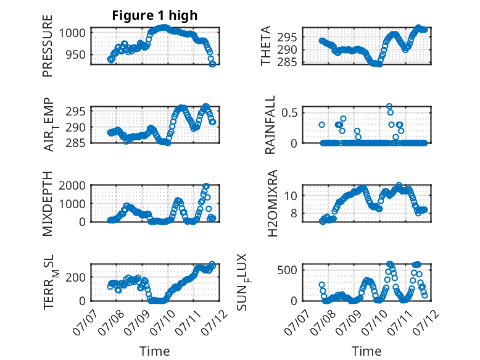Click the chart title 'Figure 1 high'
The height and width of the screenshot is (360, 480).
tap(155, 15)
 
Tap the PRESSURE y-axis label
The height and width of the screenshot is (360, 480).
tap(48, 46)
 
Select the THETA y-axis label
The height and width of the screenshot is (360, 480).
tap(266, 46)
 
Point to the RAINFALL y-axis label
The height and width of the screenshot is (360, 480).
tap(270, 125)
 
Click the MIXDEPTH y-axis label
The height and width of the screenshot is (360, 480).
tap(48, 204)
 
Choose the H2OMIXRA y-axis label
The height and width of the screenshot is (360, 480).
tap(272, 203)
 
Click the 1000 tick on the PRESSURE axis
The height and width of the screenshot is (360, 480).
tap(72, 33)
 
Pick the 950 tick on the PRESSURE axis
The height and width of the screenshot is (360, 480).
tap(75, 55)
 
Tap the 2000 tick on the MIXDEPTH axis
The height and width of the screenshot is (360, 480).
tap(72, 185)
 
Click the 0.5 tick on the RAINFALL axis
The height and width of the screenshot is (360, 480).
tap(289, 112)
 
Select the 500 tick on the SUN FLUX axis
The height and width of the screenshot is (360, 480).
tap(288, 270)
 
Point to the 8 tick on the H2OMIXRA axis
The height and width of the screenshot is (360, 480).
tap(294, 213)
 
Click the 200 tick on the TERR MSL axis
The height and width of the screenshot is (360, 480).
tap(75, 277)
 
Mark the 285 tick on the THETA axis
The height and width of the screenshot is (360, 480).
tap(288, 62)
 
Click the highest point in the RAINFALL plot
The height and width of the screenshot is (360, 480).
tap(389, 106)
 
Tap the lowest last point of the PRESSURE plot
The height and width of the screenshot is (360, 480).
tap(213, 64)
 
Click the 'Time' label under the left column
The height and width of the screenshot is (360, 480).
tap(155, 351)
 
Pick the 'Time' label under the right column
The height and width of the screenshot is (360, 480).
tap(366, 351)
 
